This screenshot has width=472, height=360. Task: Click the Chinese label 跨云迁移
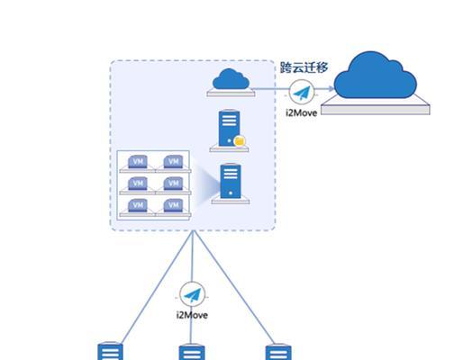point(304,67)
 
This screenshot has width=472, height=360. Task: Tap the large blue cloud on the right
point(375,75)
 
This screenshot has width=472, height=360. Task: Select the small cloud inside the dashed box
point(231,79)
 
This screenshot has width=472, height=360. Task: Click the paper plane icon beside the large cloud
point(302,93)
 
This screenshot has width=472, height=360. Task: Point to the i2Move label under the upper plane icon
point(302,112)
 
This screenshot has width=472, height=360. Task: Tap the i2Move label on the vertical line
point(192,315)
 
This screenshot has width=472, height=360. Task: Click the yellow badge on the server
point(240,141)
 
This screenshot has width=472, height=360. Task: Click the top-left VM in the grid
point(138,162)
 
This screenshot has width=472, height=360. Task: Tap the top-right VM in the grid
point(173,162)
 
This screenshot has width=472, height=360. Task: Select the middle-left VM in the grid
point(138,184)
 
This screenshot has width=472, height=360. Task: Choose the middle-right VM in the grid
point(173,184)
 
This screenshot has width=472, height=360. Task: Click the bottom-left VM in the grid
point(138,205)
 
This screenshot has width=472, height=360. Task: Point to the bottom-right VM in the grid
point(173,205)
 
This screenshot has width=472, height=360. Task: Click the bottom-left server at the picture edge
point(110,351)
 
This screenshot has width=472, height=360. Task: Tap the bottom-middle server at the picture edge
point(192,352)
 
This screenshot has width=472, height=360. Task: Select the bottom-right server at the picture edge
point(278,352)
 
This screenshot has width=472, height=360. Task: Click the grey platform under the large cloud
point(376,107)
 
